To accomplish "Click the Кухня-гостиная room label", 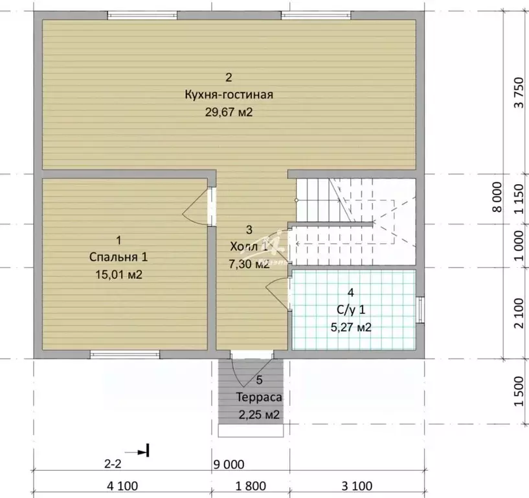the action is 229,95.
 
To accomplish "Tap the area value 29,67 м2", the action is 229,112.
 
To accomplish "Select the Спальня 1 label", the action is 118,257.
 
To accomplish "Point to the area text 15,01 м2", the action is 118,275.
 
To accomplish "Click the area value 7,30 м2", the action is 249,264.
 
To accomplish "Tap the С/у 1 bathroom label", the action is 351,310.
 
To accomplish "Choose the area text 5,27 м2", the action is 351,327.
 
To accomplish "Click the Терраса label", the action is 259,397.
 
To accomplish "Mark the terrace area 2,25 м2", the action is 259,414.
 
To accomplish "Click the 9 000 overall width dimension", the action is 229,465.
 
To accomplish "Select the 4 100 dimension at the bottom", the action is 122,486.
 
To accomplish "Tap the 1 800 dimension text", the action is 251,486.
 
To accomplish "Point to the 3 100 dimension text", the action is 357,486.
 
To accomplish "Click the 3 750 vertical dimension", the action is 519,93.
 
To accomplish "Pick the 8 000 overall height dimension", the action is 498,197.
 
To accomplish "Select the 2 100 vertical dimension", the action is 519,313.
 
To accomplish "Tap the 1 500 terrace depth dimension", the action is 519,392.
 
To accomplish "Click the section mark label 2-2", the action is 113,464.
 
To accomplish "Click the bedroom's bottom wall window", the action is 125,355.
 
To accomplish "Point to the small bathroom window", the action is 420,309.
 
